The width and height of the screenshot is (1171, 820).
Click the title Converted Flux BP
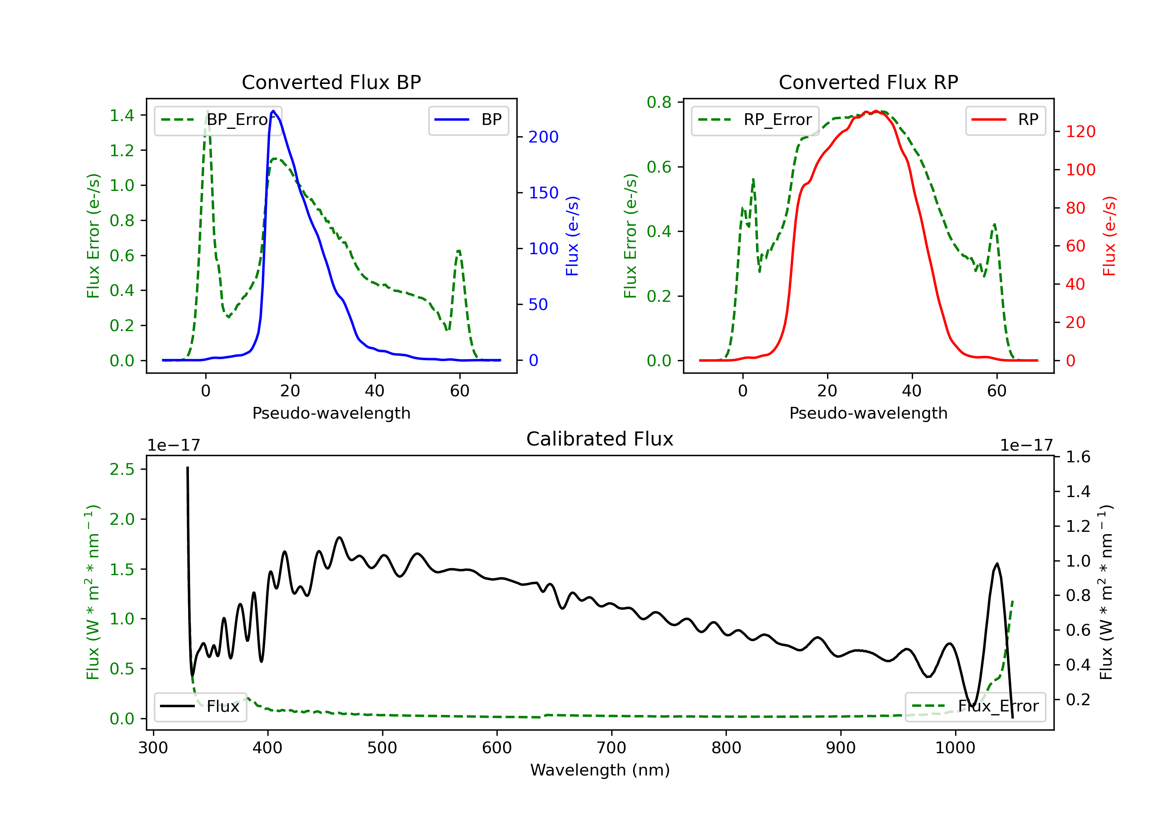tap(331, 82)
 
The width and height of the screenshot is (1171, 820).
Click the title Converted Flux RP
tap(868, 82)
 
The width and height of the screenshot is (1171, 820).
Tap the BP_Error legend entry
tap(218, 120)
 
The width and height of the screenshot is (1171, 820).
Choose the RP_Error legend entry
tap(755, 120)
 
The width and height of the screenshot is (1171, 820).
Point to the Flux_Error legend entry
tap(975, 706)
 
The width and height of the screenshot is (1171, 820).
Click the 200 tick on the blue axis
tap(543, 137)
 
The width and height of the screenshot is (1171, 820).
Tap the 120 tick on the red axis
tap(1080, 132)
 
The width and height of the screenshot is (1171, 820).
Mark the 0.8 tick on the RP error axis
tap(659, 102)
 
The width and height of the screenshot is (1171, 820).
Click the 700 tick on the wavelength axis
tap(611, 748)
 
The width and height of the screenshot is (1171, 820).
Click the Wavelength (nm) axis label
tap(600, 770)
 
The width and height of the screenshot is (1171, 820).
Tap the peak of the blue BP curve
tap(273, 111)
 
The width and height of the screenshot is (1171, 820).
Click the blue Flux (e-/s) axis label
tap(572, 236)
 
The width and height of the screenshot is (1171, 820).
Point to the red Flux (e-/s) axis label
tap(1109, 236)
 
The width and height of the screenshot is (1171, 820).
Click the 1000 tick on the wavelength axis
tap(955, 748)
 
